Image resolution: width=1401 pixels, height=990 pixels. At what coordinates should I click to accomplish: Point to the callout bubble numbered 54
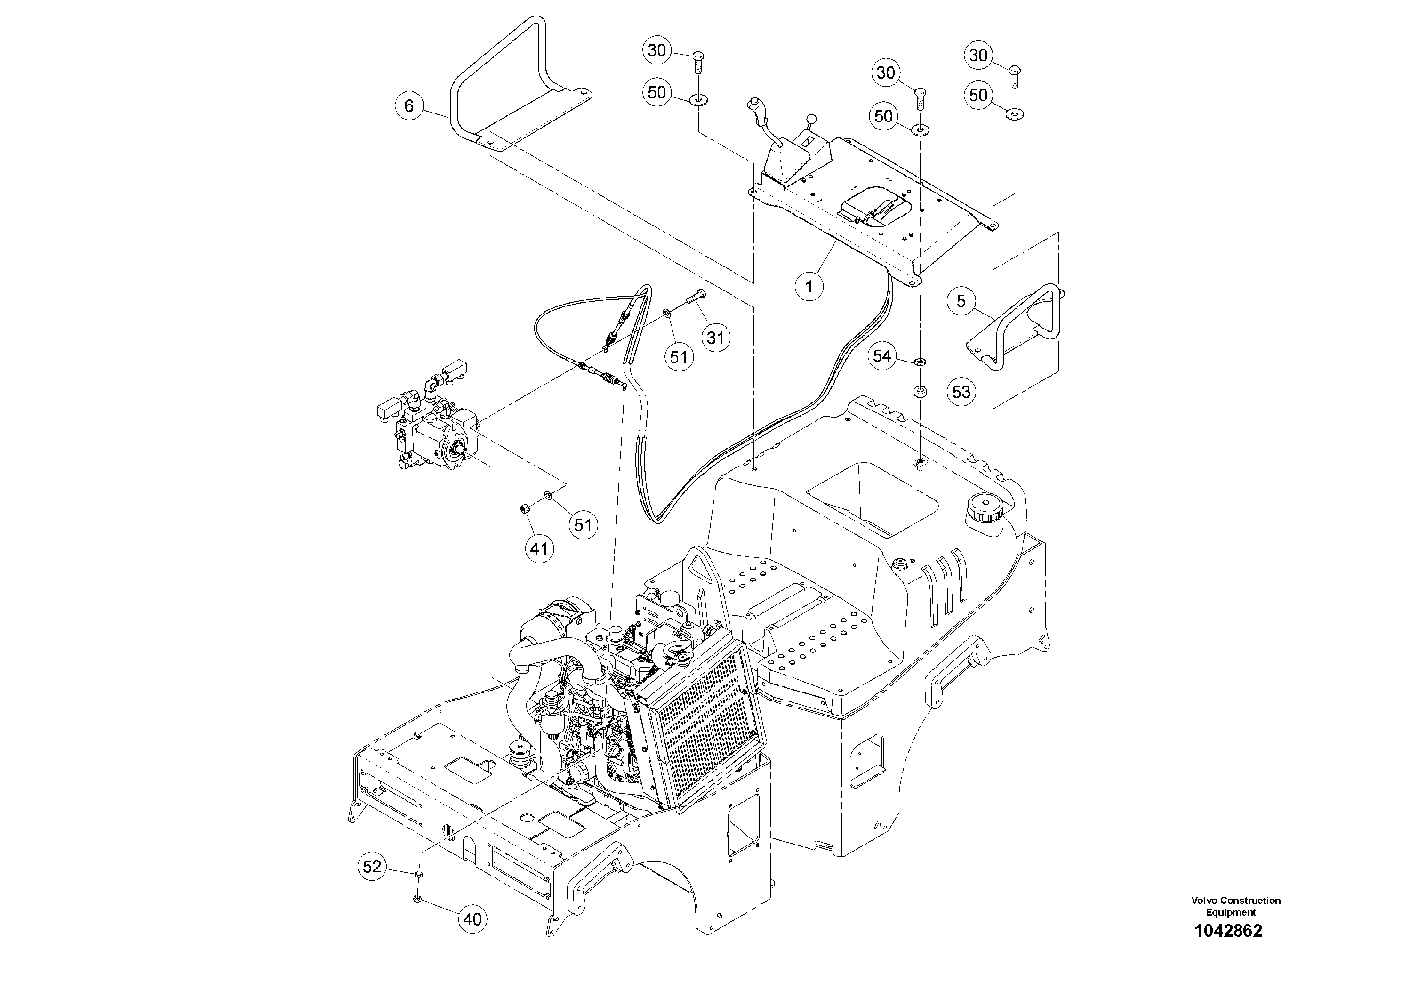[882, 356]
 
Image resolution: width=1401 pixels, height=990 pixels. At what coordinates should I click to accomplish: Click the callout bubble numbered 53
[961, 392]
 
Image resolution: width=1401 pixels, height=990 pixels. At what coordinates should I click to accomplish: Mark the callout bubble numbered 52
[372, 867]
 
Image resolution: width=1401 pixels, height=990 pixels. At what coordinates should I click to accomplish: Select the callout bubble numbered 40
[472, 919]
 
